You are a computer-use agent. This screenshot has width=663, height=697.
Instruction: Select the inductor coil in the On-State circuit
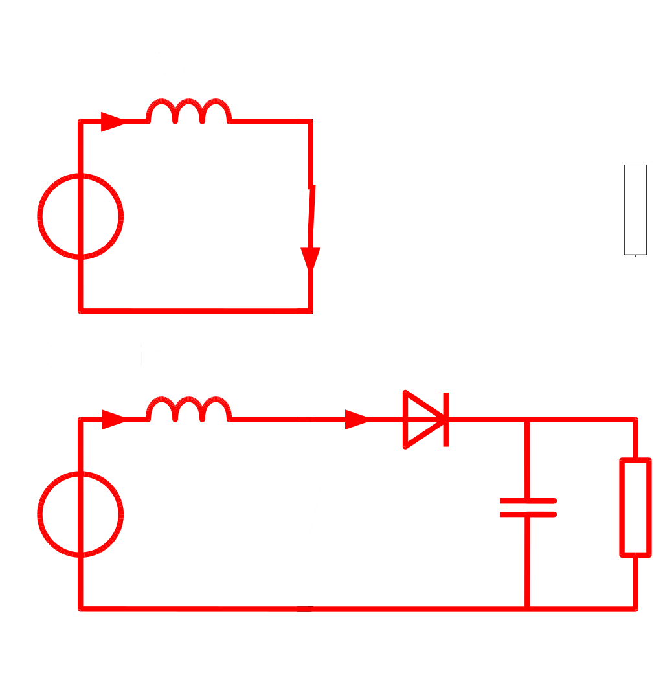[188, 111]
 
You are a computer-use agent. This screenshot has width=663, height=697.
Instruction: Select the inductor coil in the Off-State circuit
[188, 410]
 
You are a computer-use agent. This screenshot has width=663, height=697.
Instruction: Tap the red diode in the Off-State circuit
[425, 419]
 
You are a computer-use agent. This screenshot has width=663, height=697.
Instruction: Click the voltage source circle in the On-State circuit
[80, 216]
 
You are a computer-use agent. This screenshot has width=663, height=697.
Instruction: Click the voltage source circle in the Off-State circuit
[80, 515]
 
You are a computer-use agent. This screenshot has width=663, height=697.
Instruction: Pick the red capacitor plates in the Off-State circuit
[528, 508]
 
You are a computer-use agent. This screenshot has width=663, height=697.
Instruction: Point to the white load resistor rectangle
[635, 210]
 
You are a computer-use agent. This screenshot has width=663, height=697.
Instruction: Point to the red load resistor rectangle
[635, 507]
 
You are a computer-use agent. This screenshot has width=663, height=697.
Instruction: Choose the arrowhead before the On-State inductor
[113, 121]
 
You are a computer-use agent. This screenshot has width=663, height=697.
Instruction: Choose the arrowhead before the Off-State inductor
[113, 419]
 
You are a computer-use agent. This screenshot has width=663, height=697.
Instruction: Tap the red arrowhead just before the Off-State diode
[356, 419]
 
